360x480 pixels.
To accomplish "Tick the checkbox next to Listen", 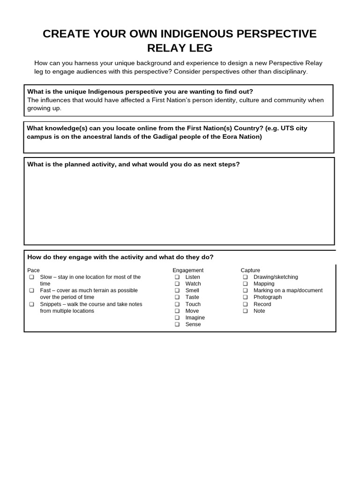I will pyautogui.click(x=178, y=277).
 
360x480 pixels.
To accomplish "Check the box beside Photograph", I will pyautogui.click(x=245, y=297).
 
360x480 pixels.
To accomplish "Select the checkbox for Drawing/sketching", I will pyautogui.click(x=245, y=277).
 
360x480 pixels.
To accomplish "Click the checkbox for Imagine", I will pyautogui.click(x=178, y=318).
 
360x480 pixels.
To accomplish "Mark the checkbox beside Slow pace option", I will pyautogui.click(x=32, y=277).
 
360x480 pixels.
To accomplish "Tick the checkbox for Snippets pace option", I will pyautogui.click(x=32, y=304).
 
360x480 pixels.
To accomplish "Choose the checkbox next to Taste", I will pyautogui.click(x=178, y=297).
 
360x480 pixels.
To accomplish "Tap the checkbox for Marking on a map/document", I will pyautogui.click(x=245, y=291).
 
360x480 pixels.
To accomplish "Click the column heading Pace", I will pyautogui.click(x=34, y=270).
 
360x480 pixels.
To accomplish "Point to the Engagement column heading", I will pyautogui.click(x=188, y=270).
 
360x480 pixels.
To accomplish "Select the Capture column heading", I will pyautogui.click(x=250, y=270).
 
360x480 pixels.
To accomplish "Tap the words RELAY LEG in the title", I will pyautogui.click(x=180, y=48).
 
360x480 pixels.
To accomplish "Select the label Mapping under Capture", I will pyautogui.click(x=264, y=284).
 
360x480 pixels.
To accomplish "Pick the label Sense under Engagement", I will pyautogui.click(x=193, y=324).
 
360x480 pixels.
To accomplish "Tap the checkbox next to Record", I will pyautogui.click(x=245, y=304).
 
